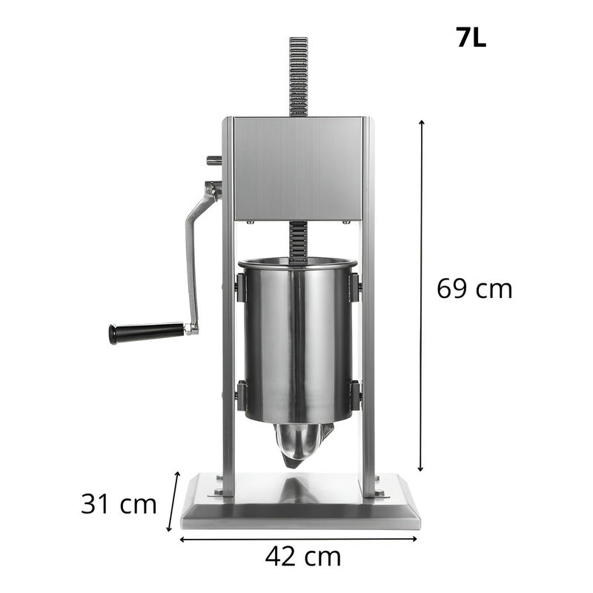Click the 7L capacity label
[x=471, y=38]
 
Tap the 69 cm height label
[x=474, y=288]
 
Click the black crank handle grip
[x=146, y=333]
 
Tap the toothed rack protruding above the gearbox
[x=298, y=74]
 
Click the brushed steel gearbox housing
[x=298, y=168]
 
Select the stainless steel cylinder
[x=297, y=341]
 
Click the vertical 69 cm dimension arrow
[x=422, y=296]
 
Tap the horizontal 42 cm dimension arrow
[x=299, y=539]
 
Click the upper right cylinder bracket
[x=355, y=287]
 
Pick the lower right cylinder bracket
[x=355, y=394]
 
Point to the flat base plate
[x=300, y=504]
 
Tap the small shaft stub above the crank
[x=213, y=159]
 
